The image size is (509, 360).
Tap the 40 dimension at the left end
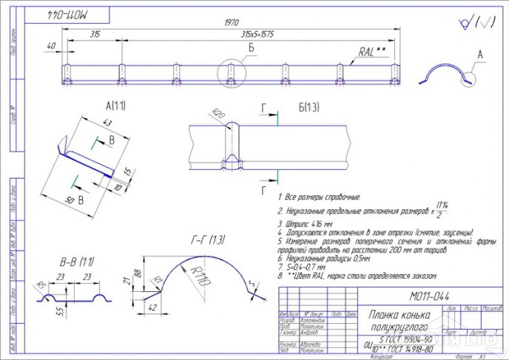pyautogui.click(x=50, y=46)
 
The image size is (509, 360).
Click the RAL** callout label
pyautogui.click(x=372, y=53)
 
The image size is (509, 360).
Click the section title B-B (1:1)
pyautogui.click(x=76, y=262)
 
